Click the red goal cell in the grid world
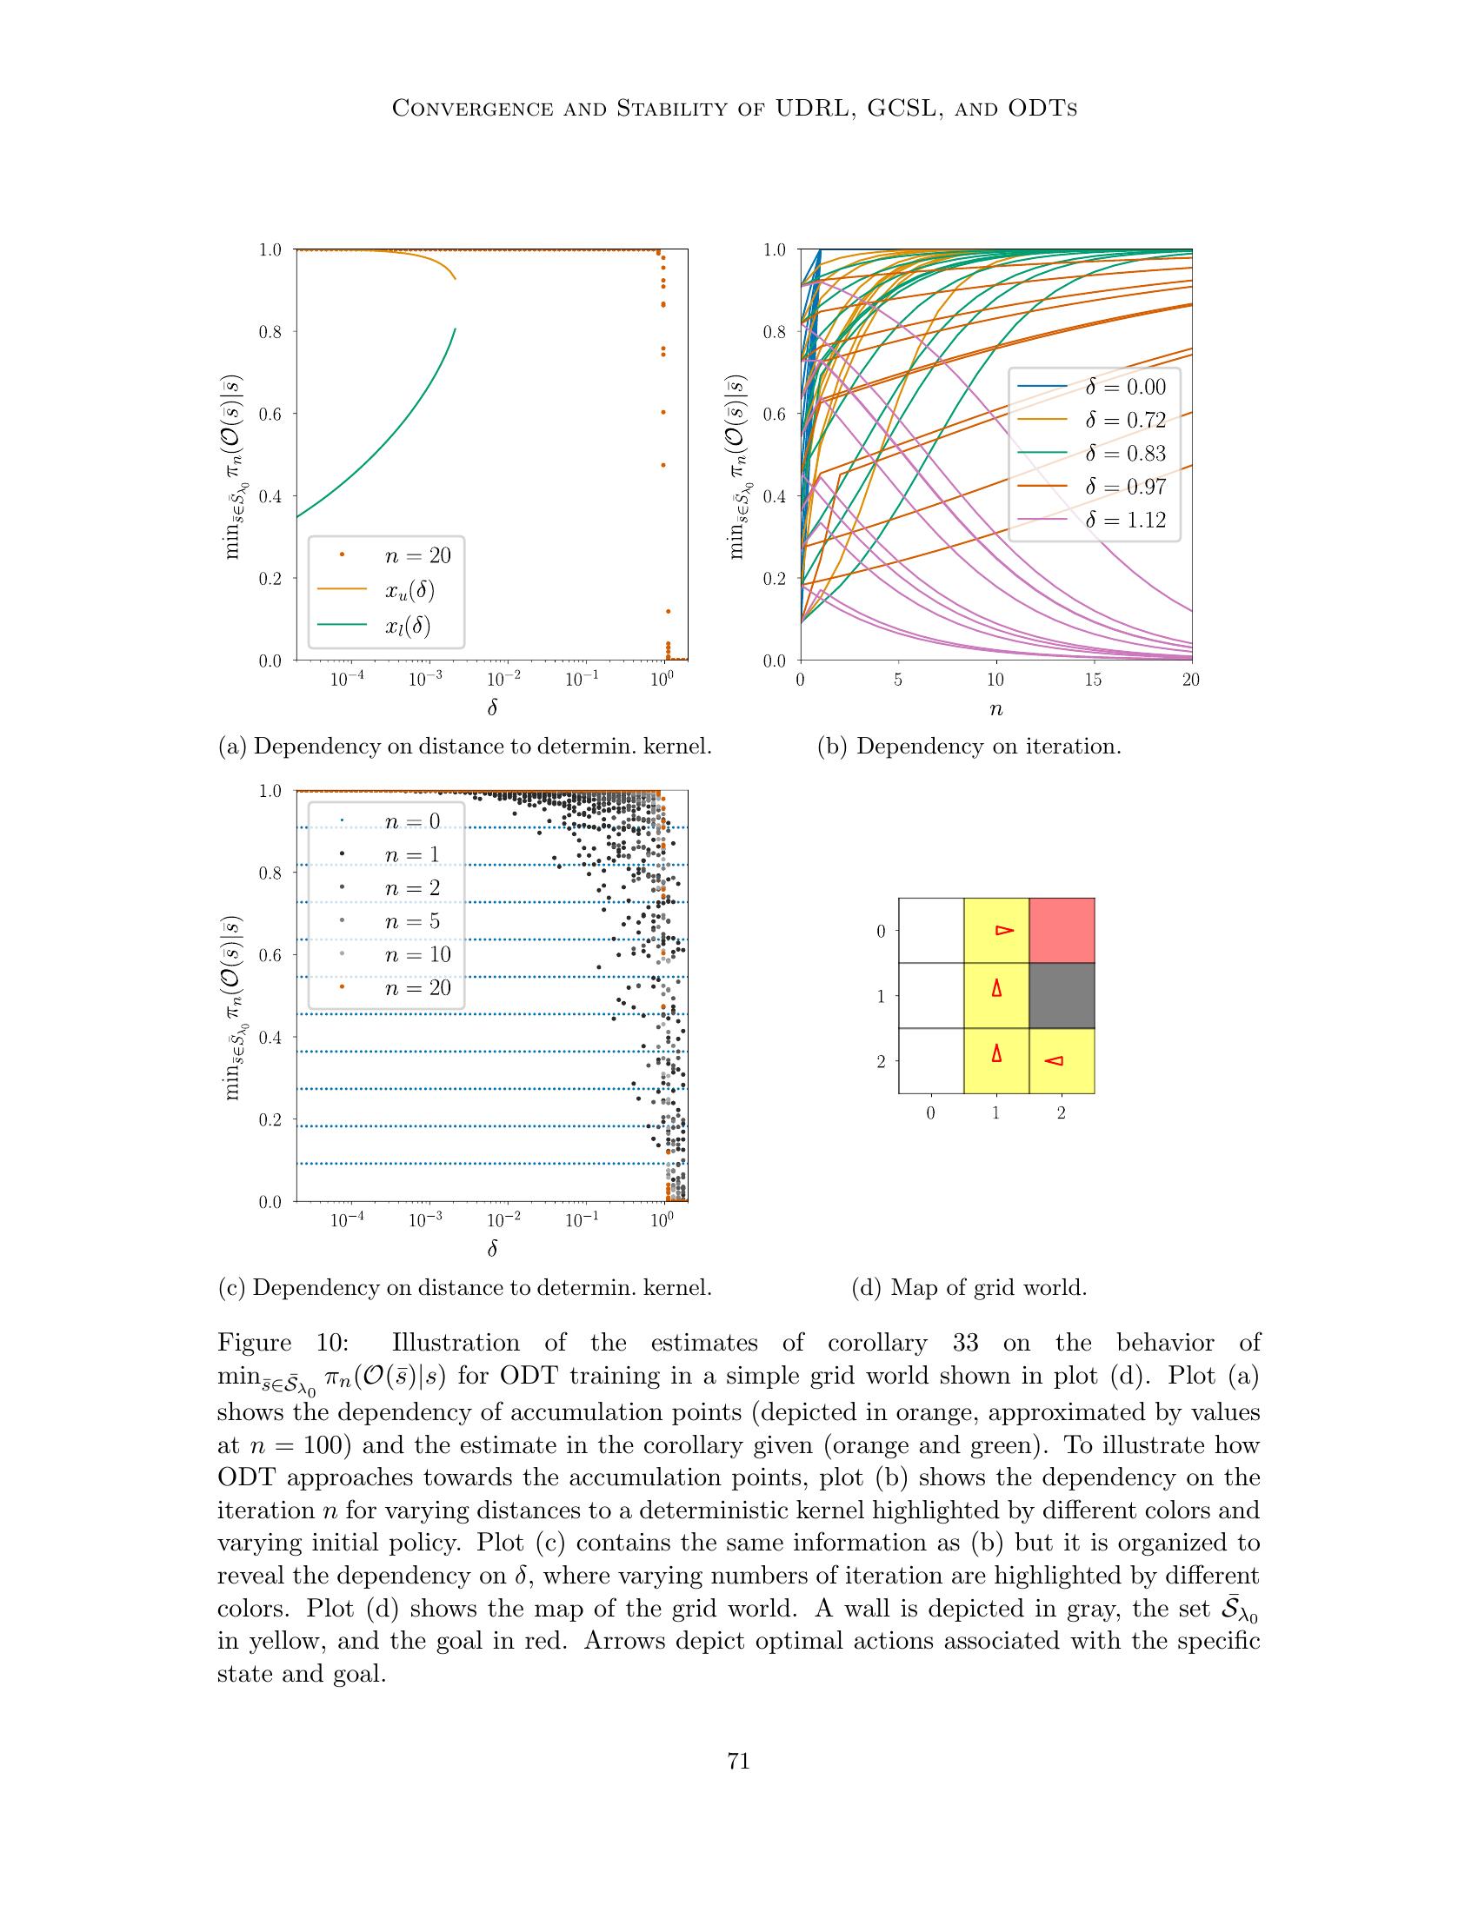(1062, 931)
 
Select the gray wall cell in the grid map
(1062, 995)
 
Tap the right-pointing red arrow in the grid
(1004, 930)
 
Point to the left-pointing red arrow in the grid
(1055, 1061)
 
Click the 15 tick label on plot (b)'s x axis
(1093, 680)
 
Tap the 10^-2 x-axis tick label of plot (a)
(503, 680)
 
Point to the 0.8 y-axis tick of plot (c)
(271, 873)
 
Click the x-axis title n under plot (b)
(995, 710)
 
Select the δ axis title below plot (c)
(492, 1248)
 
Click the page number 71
(739, 1761)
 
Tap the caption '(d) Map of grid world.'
(969, 1288)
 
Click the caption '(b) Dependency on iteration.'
(969, 747)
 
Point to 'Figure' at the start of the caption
(254, 1344)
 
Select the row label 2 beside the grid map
(881, 1061)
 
